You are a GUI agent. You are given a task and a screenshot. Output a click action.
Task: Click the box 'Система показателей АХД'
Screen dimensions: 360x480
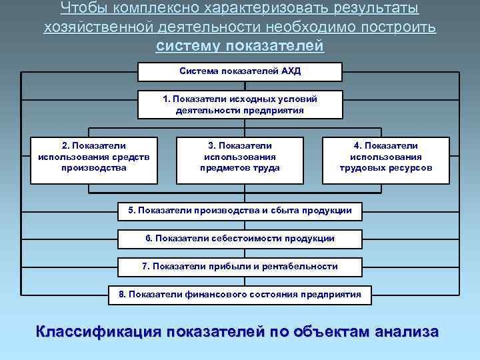[x=240, y=71]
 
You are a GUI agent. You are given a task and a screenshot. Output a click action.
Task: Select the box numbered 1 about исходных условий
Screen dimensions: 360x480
[x=240, y=105]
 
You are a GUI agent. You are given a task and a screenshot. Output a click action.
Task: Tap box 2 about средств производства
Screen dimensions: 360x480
[x=94, y=160]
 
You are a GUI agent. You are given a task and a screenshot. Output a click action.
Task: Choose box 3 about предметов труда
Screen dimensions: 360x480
[x=240, y=160]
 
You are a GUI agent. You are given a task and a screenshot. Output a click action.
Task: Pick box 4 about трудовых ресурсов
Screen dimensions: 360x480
[x=386, y=160]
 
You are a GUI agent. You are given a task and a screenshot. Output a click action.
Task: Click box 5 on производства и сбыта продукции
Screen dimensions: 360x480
[x=240, y=211]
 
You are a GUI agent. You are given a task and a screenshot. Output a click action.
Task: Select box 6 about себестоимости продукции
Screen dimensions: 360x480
[x=240, y=239]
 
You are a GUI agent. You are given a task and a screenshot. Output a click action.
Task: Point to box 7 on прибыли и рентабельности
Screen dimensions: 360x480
[x=240, y=267]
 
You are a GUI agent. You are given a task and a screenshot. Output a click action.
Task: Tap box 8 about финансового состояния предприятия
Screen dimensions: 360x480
[x=240, y=294]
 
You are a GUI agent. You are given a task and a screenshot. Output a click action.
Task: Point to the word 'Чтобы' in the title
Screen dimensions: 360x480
[x=78, y=9]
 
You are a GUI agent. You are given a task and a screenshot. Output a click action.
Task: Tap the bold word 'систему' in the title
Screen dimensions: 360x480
[x=189, y=47]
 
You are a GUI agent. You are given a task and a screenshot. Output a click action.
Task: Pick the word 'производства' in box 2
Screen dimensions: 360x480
[x=94, y=168]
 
